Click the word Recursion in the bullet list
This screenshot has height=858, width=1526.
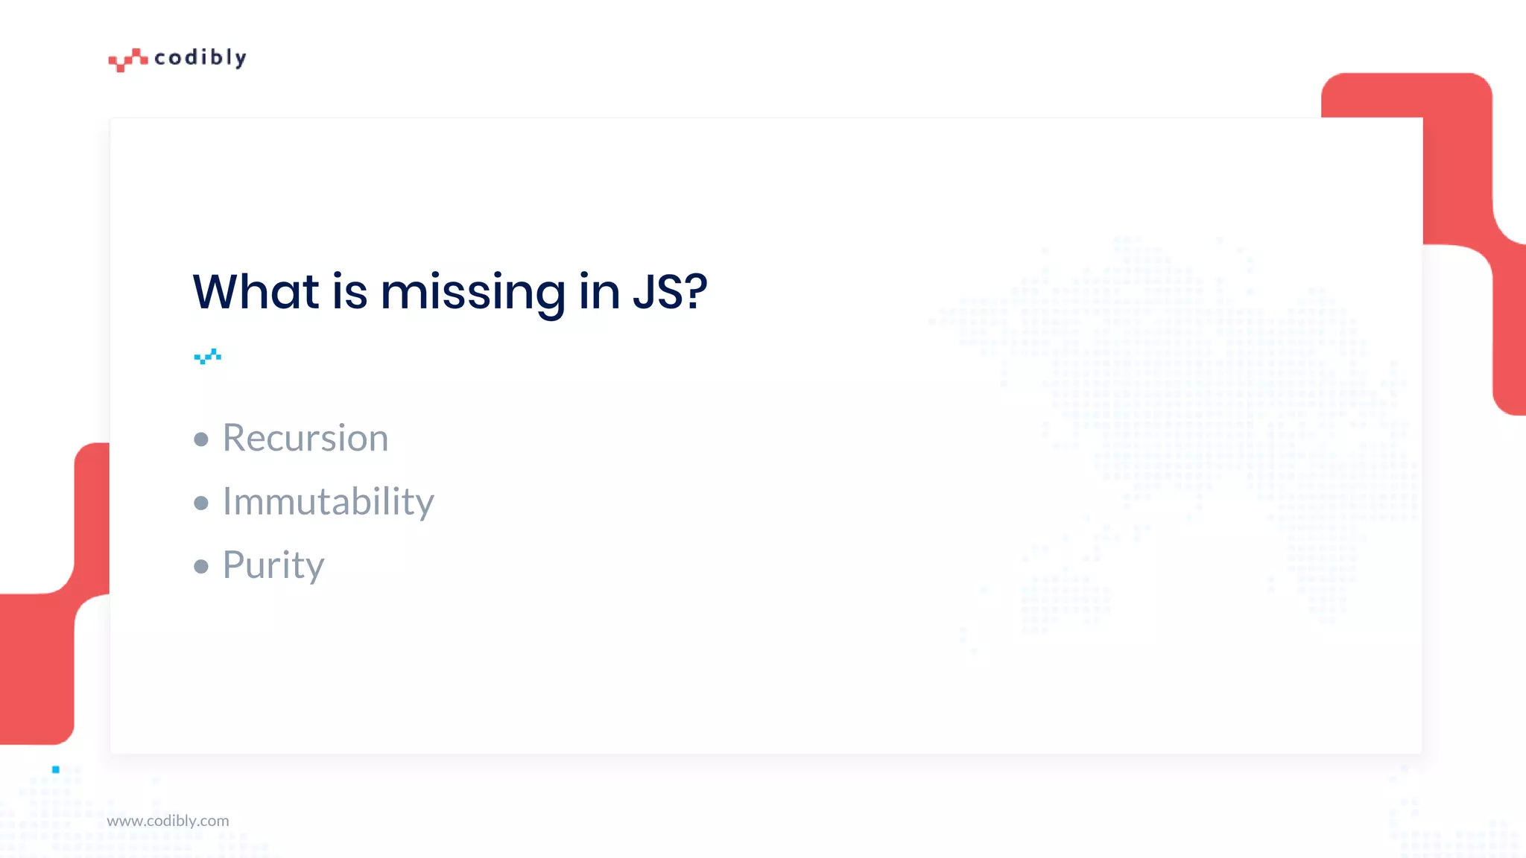(305, 438)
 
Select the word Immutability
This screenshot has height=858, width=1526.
(328, 501)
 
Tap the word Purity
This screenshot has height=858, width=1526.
(273, 565)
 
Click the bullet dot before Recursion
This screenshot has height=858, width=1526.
(201, 439)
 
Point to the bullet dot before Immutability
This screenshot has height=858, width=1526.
(201, 503)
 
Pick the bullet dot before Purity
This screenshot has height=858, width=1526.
(201, 567)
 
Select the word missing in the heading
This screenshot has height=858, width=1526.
(472, 293)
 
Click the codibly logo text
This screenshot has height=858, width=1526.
(200, 58)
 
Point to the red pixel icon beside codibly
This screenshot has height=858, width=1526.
(127, 60)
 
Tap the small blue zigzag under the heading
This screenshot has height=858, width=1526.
(207, 357)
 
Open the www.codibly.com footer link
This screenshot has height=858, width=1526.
(168, 821)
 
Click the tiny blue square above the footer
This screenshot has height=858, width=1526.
(56, 769)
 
